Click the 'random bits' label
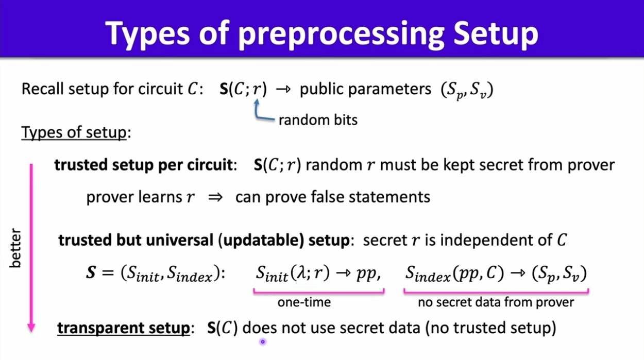[x=318, y=120]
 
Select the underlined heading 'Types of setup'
[x=74, y=133]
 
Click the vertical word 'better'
[x=15, y=248]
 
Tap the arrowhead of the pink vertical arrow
[x=31, y=328]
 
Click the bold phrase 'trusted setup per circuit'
[x=143, y=165]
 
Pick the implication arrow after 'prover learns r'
[x=215, y=197]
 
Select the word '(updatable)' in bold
[x=261, y=240]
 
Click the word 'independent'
[x=488, y=240]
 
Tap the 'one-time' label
[x=304, y=302]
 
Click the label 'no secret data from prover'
[x=496, y=302]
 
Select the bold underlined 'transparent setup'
[x=124, y=328]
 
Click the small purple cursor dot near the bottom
[x=262, y=342]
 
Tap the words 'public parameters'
[x=365, y=89]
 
